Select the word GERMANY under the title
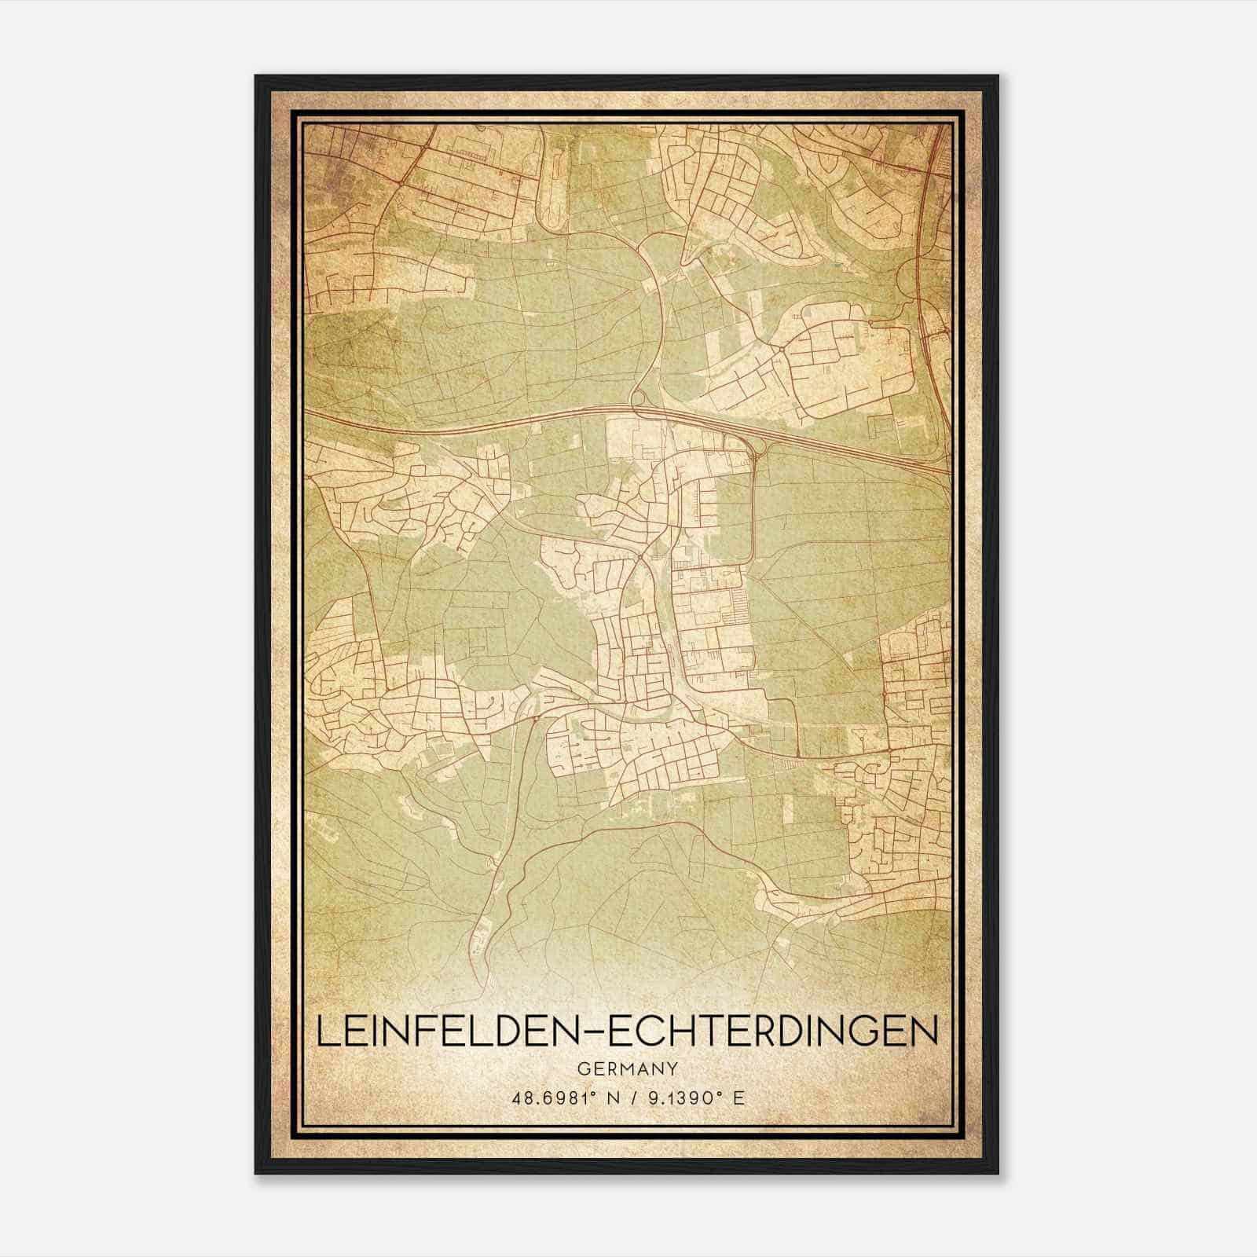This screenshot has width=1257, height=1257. tap(628, 1069)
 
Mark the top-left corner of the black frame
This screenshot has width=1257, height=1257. tap(257, 77)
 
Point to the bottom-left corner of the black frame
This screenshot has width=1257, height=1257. tap(257, 1174)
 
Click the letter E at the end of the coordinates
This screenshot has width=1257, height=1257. tap(738, 1098)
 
